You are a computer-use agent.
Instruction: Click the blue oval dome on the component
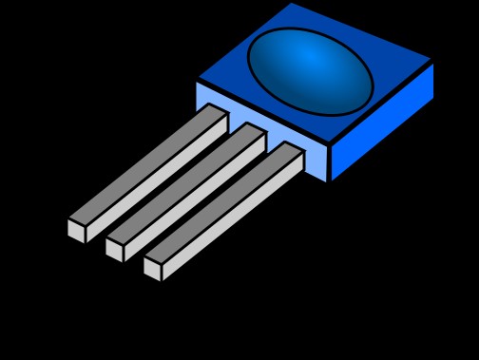310,71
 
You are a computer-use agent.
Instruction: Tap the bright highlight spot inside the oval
311,59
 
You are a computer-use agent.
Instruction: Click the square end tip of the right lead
152,269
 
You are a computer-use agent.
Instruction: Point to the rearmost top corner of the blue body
291,3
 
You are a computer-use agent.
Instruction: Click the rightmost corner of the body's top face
433,62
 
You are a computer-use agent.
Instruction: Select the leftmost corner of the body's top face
197,79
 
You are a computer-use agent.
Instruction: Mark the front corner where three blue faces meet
329,144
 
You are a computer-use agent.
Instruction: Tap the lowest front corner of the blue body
329,182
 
